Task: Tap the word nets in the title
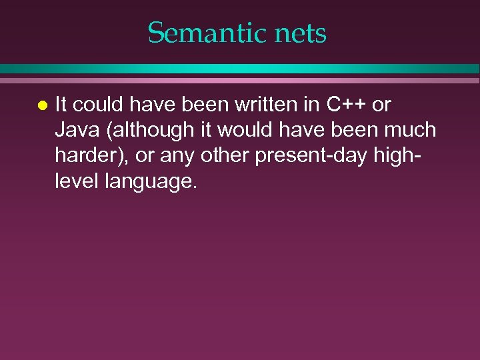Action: pos(300,33)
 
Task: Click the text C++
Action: pos(346,105)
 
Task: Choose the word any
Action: pos(169,155)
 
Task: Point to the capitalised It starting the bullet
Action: pos(61,105)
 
